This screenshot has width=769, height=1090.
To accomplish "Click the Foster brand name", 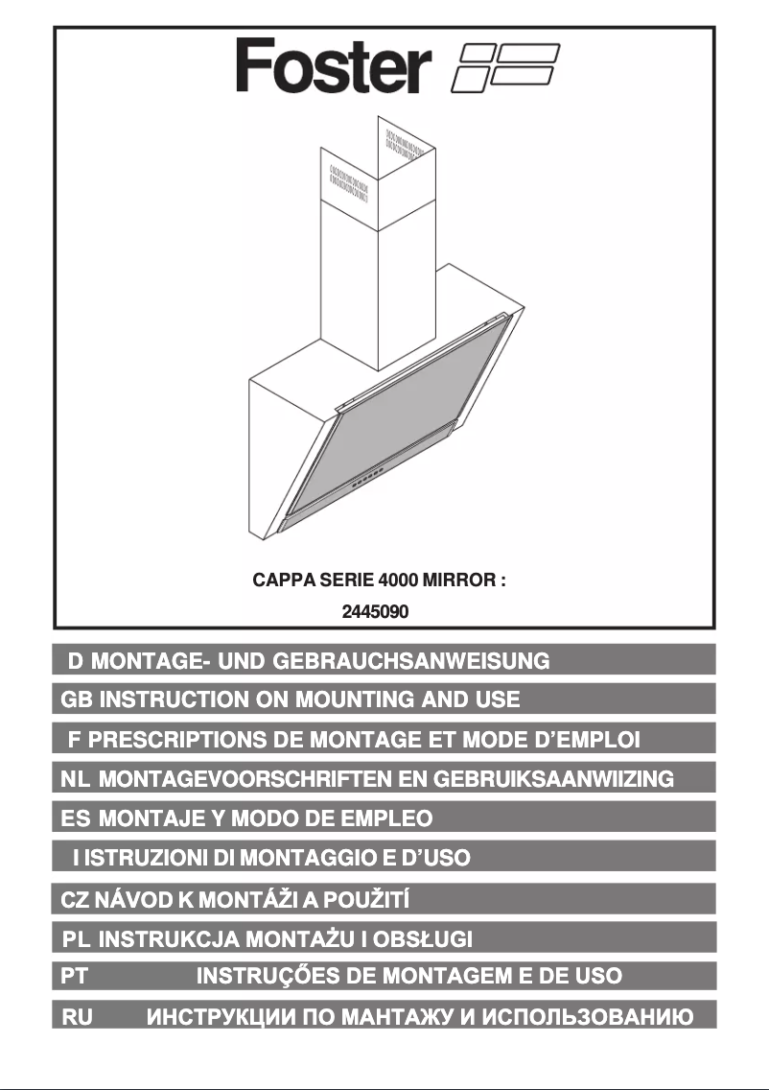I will [332, 67].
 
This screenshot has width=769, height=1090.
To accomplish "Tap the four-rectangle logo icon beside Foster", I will [504, 67].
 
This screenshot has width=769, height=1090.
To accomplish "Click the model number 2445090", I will [376, 609].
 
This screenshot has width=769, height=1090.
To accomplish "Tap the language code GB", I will [77, 699].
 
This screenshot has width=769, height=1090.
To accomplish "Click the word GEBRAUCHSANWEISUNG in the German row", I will [411, 660].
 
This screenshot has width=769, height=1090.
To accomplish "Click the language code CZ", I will [75, 900].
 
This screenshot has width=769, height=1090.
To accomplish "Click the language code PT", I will [75, 976].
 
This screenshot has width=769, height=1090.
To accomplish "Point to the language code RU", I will [77, 1016].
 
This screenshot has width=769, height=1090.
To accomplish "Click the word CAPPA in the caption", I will [280, 581].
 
